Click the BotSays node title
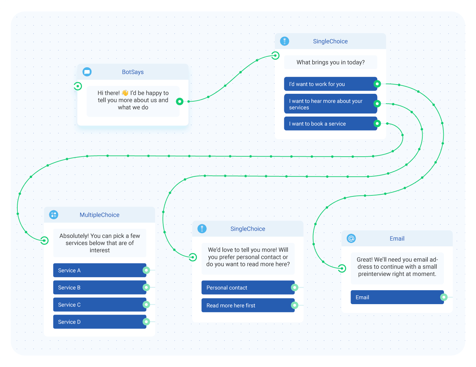point(133,72)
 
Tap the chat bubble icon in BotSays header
point(87,72)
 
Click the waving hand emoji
point(125,93)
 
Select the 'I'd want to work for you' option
point(330,84)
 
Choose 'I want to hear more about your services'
point(330,104)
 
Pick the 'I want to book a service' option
point(330,124)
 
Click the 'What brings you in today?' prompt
point(330,63)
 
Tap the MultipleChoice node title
point(99,215)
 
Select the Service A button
point(100,270)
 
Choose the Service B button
point(100,287)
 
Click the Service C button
point(100,304)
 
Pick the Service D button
point(100,322)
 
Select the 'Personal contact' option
point(248,287)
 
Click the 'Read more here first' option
point(248,305)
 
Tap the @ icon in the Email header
point(351,238)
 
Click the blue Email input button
point(397,297)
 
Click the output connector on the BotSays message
point(180,101)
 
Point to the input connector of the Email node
point(342,268)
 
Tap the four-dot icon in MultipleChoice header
point(54,215)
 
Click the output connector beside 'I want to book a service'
point(377,124)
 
